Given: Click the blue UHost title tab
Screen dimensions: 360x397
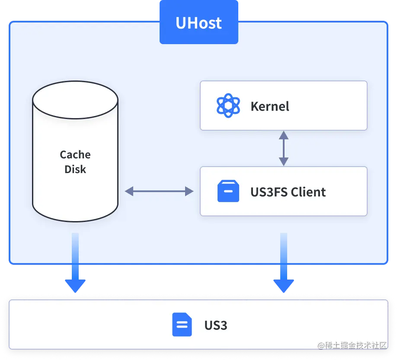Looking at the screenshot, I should coord(198,22).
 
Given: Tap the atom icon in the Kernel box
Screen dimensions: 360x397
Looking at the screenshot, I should coord(228,106).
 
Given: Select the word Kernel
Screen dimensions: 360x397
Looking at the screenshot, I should coord(270,106).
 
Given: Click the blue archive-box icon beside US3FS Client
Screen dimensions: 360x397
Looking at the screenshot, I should coord(228,191).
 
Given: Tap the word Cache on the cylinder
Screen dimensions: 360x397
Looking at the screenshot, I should coord(75,155).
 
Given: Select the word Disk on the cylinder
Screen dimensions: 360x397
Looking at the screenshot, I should coord(75,169).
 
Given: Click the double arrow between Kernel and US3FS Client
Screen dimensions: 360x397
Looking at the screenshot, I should coord(283,148).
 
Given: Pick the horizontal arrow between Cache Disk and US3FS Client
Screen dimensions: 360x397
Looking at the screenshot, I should coord(159,191).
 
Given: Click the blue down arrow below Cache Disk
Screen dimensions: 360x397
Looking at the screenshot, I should coord(75,264).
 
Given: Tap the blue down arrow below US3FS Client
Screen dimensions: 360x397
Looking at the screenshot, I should coord(283,264).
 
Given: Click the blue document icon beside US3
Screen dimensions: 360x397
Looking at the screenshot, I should coord(182,325).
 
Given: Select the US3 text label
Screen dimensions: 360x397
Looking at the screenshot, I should coord(216,325).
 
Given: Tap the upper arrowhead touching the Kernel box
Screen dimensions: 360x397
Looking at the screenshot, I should coord(283,134).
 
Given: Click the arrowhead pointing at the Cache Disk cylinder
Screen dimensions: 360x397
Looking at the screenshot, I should coord(129,191).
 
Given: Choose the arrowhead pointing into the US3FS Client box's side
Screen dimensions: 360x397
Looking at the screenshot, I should coord(190,191).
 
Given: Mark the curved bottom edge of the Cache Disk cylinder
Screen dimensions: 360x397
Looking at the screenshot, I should coord(75,220).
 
